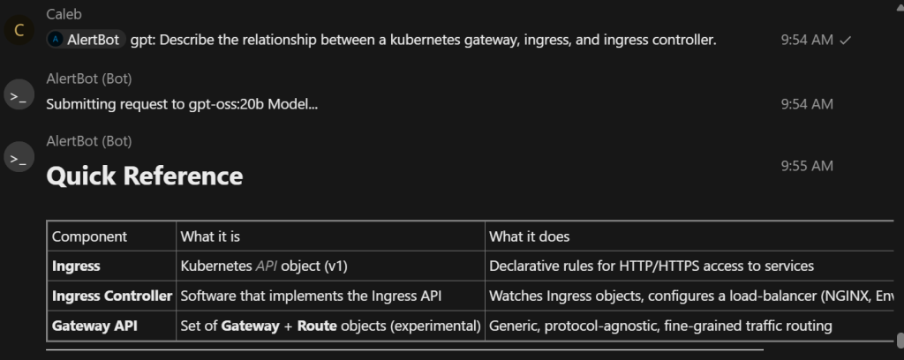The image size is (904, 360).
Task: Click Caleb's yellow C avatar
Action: pyautogui.click(x=19, y=33)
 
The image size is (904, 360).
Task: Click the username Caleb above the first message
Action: pyautogui.click(x=64, y=15)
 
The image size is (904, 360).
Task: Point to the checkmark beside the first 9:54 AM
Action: pyautogui.click(x=846, y=40)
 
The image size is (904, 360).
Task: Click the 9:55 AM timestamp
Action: pyautogui.click(x=807, y=166)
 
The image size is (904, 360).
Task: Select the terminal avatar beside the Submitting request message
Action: pyautogui.click(x=19, y=95)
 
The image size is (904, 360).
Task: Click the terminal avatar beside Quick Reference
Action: pyautogui.click(x=19, y=159)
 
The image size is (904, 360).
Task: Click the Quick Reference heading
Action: pyautogui.click(x=144, y=176)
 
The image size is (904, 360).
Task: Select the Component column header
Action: pyautogui.click(x=89, y=236)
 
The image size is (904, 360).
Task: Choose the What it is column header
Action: pyautogui.click(x=210, y=236)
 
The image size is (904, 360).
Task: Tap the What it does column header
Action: pyautogui.click(x=530, y=236)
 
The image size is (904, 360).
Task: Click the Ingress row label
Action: pyautogui.click(x=76, y=266)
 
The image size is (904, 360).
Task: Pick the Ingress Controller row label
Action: pyautogui.click(x=111, y=296)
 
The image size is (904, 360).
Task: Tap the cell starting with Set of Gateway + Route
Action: pyautogui.click(x=330, y=326)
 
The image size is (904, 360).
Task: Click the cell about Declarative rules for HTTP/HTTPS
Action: pyautogui.click(x=652, y=266)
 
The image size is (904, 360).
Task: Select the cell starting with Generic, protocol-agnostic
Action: pyautogui.click(x=660, y=326)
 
